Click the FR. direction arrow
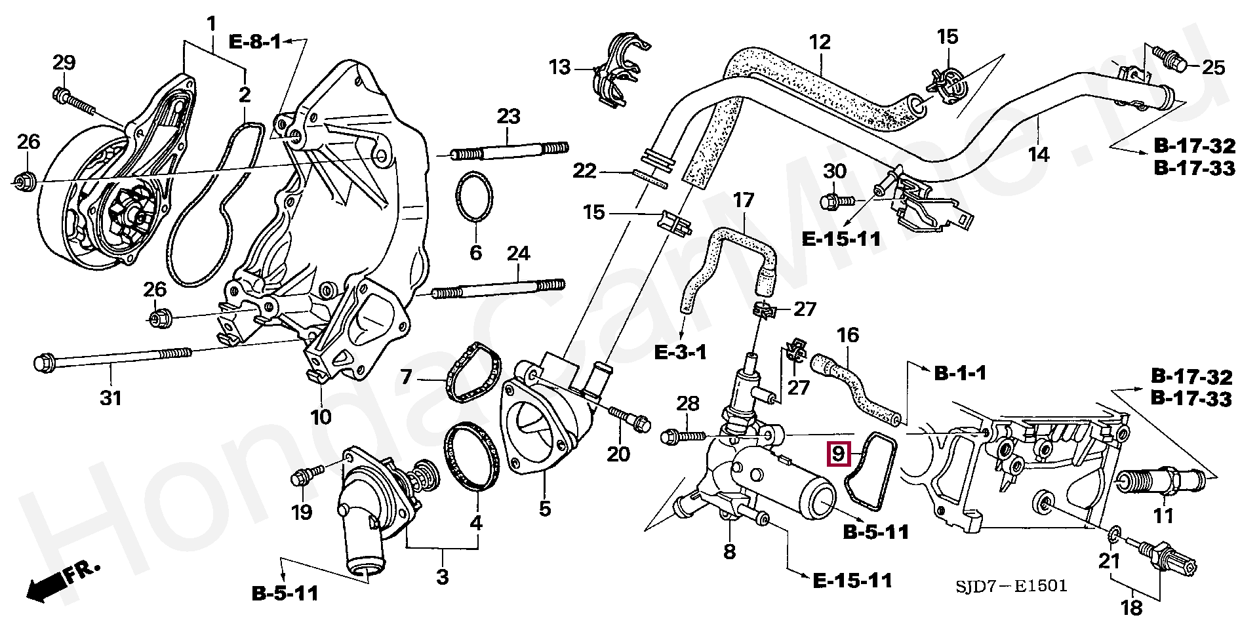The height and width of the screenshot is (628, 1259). click(63, 581)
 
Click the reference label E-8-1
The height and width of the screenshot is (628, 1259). click(254, 43)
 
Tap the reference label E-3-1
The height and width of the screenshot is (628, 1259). click(681, 353)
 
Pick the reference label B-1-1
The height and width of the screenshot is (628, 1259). click(960, 374)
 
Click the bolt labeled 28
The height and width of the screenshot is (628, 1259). click(682, 435)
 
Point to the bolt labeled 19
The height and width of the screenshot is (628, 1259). click(307, 475)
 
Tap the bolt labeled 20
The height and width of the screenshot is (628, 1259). click(629, 418)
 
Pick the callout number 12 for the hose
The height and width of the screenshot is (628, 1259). click(820, 42)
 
